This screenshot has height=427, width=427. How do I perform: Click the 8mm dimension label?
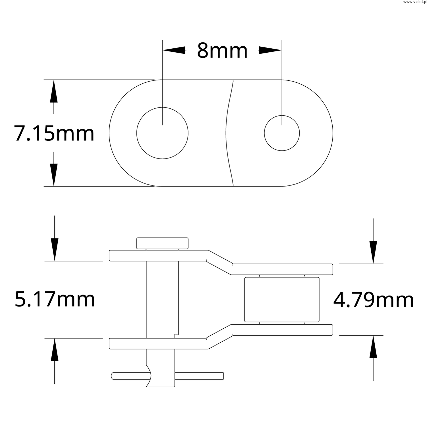point(222,51)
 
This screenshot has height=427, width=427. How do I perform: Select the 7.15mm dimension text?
point(54,133)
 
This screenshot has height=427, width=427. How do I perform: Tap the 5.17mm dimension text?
point(55,300)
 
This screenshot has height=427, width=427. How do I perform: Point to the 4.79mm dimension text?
point(373,300)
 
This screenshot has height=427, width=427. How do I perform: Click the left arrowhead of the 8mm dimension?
point(174,50)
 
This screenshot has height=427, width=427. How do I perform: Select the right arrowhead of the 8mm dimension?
point(270,50)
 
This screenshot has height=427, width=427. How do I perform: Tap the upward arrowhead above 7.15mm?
point(54,91)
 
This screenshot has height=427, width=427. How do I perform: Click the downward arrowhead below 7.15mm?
point(54,175)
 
